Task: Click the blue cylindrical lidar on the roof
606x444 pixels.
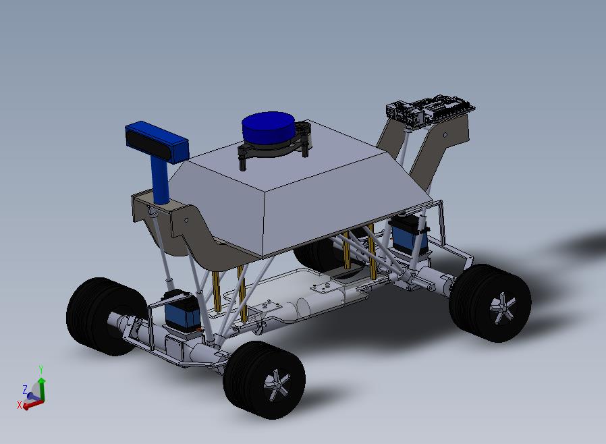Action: pyautogui.click(x=268, y=128)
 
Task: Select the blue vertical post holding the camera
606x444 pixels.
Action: pyautogui.click(x=160, y=181)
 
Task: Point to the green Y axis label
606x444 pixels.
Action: pyautogui.click(x=40, y=370)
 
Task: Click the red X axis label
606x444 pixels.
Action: pyautogui.click(x=20, y=405)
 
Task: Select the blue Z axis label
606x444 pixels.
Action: pyautogui.click(x=25, y=389)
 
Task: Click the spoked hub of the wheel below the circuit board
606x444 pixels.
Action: pyautogui.click(x=503, y=308)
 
